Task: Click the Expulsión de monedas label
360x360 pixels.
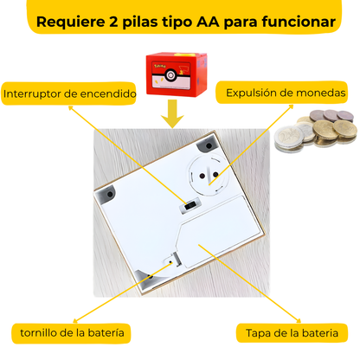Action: click(286, 93)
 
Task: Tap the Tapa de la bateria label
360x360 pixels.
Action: click(292, 332)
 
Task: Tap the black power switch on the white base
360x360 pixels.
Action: click(184, 205)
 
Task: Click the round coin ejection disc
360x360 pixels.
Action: click(209, 173)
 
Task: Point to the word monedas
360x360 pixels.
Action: click(321, 93)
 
